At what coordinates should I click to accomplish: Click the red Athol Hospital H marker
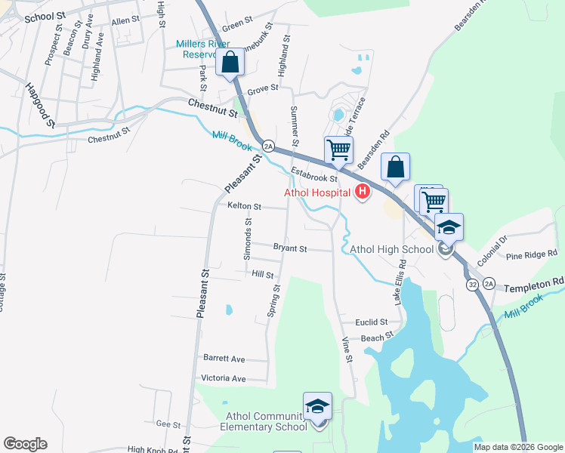point(362,192)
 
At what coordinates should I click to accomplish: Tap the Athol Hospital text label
point(316,193)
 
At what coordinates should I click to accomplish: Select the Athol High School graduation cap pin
point(449,228)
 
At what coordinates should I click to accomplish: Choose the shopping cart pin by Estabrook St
point(338,149)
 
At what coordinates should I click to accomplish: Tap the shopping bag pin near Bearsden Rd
point(396,168)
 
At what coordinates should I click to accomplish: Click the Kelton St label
point(244,206)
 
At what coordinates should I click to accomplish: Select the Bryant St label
point(290,248)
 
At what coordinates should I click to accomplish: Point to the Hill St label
point(263,276)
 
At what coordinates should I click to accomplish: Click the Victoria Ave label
point(224,378)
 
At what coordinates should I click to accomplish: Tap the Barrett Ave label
point(224,359)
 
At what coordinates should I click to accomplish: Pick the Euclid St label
point(373,322)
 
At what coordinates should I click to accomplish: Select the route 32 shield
point(472,285)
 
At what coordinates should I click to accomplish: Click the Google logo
point(25,444)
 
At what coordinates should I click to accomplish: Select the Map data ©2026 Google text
point(518,447)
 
